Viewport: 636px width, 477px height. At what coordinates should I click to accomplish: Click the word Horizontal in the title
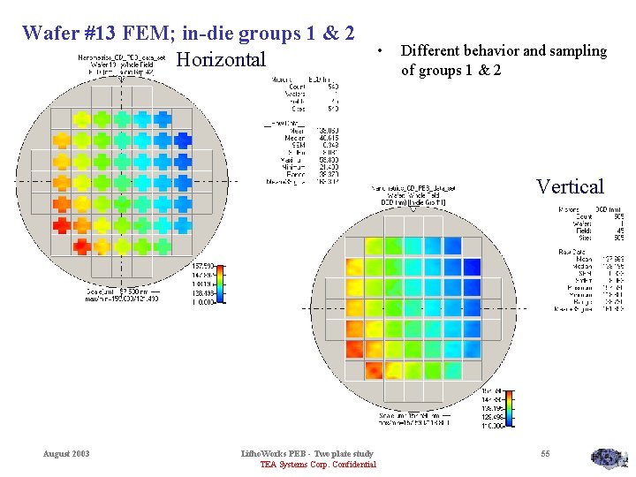pos(221,60)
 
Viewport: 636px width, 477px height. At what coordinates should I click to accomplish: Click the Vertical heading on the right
pos(570,186)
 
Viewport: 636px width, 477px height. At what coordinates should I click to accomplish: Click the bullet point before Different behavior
pos(378,50)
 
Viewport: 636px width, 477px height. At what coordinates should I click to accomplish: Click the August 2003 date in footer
pos(66,454)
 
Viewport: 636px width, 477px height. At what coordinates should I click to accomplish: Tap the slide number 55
pos(545,454)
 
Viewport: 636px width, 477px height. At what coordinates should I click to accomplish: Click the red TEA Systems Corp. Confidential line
pos(318,465)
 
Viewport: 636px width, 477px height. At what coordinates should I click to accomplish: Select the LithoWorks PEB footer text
pos(307,454)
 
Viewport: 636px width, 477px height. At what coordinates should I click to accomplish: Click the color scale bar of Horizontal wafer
pos(221,283)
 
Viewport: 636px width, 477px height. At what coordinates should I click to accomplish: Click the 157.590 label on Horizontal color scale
pos(202,266)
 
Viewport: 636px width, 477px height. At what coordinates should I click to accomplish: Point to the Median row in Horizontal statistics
pos(291,138)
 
